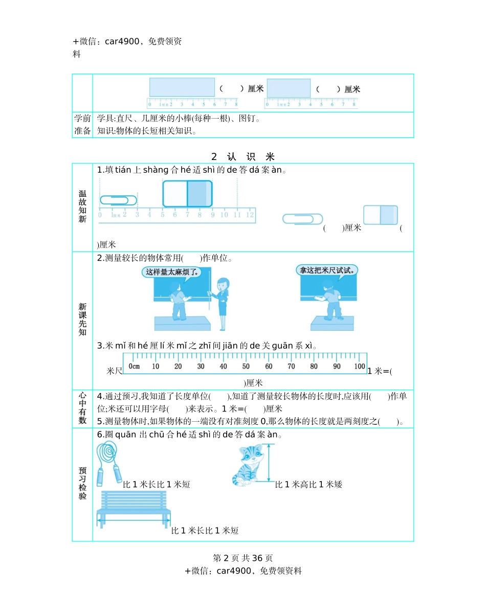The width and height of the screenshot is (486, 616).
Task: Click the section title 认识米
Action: point(243,156)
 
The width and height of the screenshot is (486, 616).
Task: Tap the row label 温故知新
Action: point(82,207)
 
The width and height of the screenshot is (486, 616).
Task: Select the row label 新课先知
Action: point(82,320)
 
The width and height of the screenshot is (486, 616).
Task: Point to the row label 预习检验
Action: point(82,483)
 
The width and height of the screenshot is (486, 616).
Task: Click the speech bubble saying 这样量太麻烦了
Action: point(171,272)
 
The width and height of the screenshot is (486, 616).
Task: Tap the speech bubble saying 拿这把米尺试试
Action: point(327,270)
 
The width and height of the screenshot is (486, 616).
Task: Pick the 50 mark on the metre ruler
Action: point(246,366)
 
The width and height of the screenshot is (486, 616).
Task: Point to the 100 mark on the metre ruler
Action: point(359,366)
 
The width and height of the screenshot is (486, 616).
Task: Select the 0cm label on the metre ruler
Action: point(134,366)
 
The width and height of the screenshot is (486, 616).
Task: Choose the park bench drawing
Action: point(134,508)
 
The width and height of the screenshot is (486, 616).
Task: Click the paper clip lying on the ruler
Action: point(118,200)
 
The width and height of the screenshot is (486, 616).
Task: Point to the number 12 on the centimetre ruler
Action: point(249,214)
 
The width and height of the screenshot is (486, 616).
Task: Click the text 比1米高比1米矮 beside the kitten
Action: point(308,484)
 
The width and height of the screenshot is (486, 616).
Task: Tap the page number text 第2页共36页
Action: point(243,558)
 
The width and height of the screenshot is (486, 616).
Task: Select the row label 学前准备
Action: point(82,125)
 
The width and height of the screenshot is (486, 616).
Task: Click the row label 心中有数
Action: point(82,408)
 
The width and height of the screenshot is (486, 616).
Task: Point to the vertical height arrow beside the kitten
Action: point(271,463)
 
